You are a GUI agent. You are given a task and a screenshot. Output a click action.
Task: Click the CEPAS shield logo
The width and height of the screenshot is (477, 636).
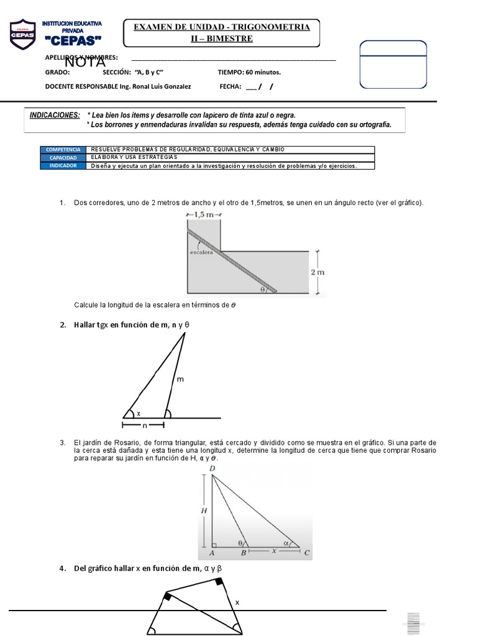[x=24, y=35]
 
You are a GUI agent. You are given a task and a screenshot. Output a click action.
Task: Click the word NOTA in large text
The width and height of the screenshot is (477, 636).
[x=85, y=63]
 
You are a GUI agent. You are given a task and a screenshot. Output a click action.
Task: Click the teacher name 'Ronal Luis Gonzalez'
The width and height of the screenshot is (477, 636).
[x=157, y=86]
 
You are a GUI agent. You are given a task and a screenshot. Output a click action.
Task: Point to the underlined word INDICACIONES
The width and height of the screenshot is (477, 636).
[x=55, y=116]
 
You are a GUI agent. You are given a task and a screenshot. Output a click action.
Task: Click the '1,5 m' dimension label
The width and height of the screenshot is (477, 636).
[x=204, y=214]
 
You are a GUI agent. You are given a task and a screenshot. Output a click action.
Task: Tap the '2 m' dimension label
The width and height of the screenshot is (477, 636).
[x=317, y=272]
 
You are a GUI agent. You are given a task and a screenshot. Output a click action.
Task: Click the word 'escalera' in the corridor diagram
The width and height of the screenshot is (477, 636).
[x=202, y=252]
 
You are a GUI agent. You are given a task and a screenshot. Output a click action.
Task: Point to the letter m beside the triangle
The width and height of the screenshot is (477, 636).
[x=181, y=379]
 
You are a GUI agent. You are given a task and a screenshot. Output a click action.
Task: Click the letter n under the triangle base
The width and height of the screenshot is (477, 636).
[x=144, y=426]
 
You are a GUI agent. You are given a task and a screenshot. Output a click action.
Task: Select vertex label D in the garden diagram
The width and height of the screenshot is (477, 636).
[x=212, y=469]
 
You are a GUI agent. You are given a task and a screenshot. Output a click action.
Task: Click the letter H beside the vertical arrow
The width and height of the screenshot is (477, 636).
[x=202, y=511]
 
